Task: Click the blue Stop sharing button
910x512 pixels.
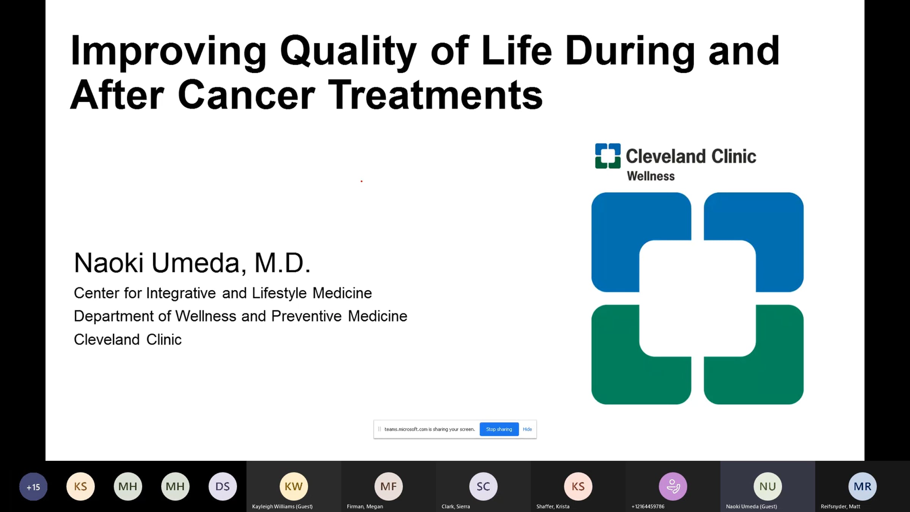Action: click(499, 429)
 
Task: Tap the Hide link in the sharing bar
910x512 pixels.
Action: click(527, 429)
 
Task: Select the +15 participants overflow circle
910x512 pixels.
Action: click(33, 487)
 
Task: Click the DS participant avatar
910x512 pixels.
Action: click(223, 486)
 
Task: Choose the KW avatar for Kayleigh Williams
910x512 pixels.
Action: click(294, 486)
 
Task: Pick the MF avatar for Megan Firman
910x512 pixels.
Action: click(389, 486)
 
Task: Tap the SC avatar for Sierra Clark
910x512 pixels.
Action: click(483, 486)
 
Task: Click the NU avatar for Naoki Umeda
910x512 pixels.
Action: click(768, 486)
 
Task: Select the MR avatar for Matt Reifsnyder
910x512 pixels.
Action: click(863, 486)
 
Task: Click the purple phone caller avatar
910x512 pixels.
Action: click(673, 486)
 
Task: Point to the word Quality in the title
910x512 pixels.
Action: click(348, 52)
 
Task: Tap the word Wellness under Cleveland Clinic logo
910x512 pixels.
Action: click(651, 176)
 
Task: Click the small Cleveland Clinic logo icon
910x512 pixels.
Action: click(608, 156)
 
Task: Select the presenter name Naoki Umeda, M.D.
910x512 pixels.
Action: click(192, 262)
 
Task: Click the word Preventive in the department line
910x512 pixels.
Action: click(306, 316)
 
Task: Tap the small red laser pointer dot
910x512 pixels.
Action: click(361, 181)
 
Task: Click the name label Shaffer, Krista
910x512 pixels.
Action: click(553, 506)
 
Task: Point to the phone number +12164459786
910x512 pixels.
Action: click(648, 506)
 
